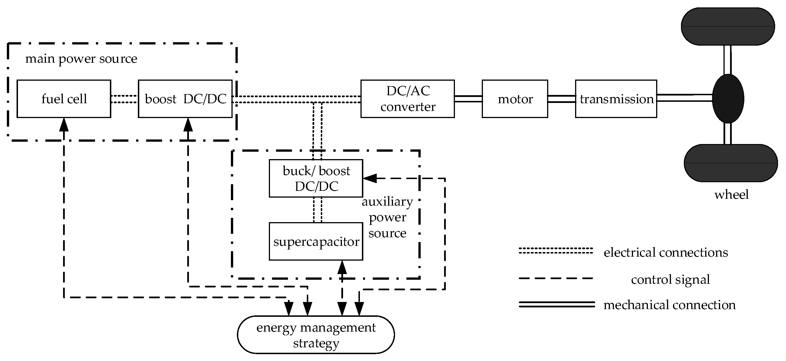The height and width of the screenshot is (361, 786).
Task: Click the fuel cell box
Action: pos(64,99)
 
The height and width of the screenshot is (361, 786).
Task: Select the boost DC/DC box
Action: pos(185,99)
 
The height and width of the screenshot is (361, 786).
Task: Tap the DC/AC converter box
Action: pos(407,99)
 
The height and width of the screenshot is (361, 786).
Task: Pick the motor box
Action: pos(515,99)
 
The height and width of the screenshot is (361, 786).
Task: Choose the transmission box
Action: pos(616,99)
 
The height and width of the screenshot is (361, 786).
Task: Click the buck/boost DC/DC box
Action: pos(316,179)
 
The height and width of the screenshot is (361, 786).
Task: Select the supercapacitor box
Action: pos(316,242)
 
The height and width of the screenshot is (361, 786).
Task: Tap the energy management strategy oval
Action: pos(316,335)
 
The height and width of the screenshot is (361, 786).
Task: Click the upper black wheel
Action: pos(728,27)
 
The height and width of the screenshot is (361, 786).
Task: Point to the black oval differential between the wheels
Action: pos(728,98)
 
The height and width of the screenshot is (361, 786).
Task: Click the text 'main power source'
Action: pos(81,58)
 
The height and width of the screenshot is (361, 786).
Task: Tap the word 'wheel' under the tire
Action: pos(731,194)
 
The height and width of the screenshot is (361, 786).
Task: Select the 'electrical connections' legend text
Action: pos(666,252)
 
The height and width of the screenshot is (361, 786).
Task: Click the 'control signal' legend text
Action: pos(670,279)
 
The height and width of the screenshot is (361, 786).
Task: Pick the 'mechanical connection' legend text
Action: pos(670,305)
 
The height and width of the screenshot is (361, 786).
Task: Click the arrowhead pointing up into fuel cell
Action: pos(64,124)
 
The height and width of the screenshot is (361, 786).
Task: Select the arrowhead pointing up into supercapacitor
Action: pos(342,267)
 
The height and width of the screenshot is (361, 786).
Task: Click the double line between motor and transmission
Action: pos(561,99)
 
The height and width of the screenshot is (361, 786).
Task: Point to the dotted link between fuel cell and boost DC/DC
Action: pos(124,99)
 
